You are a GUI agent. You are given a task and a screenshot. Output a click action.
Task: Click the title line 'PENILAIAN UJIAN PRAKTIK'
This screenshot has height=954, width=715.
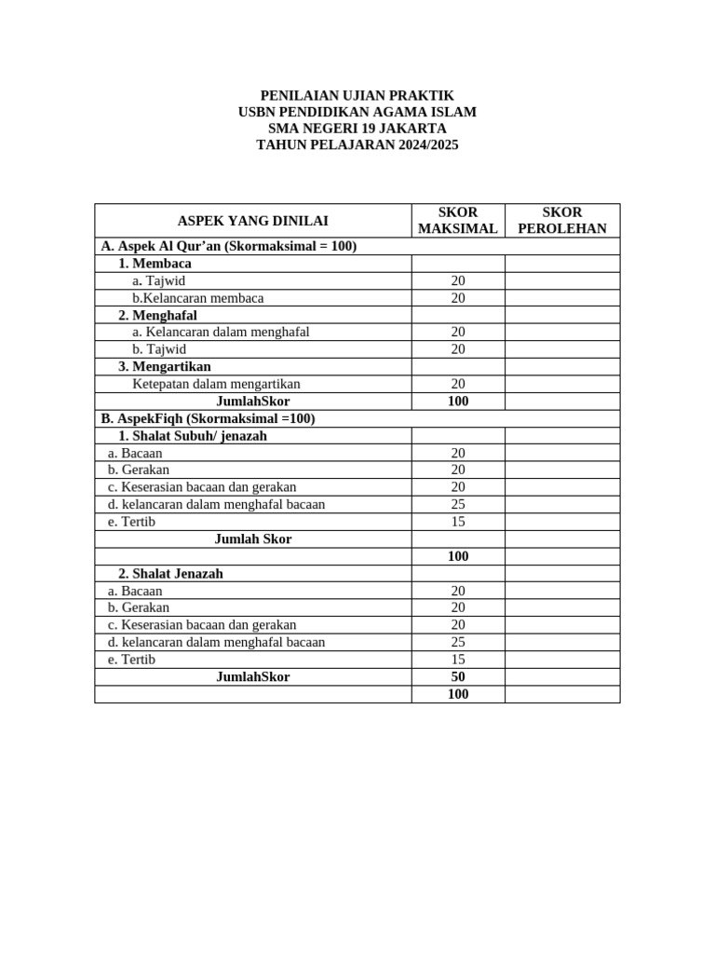(357, 95)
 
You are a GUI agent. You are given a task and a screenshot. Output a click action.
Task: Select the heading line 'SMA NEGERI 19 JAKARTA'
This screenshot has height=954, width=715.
(357, 129)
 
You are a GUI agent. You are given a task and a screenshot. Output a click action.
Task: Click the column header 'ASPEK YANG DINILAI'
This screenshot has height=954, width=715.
(252, 221)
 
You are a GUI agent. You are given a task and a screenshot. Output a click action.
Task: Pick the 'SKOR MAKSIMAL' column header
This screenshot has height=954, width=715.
(458, 221)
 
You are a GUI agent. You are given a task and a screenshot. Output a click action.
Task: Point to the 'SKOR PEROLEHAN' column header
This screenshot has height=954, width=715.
(561, 221)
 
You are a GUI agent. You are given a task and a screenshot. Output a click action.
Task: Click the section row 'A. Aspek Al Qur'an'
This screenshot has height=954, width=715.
(229, 246)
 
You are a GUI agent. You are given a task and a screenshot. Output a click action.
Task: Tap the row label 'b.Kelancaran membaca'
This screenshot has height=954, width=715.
(197, 298)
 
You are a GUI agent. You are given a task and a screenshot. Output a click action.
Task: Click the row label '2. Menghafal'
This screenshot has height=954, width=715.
(157, 315)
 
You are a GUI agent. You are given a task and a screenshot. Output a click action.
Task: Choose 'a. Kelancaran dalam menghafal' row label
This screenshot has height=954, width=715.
(221, 332)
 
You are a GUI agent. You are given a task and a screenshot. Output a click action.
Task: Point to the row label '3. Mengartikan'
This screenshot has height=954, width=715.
(164, 366)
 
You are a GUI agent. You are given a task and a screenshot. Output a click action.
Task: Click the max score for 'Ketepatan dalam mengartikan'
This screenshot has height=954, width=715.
(458, 384)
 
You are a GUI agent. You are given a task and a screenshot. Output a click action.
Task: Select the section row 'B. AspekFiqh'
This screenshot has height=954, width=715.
(208, 418)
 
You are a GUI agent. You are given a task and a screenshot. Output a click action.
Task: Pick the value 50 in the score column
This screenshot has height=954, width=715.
(458, 677)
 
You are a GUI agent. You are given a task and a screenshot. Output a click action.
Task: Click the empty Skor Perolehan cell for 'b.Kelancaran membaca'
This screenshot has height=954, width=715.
(561, 298)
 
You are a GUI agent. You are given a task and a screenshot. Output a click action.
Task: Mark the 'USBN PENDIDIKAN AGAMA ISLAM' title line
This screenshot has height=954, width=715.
(357, 112)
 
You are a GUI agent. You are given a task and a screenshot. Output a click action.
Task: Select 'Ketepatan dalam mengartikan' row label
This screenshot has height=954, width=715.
(216, 384)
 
